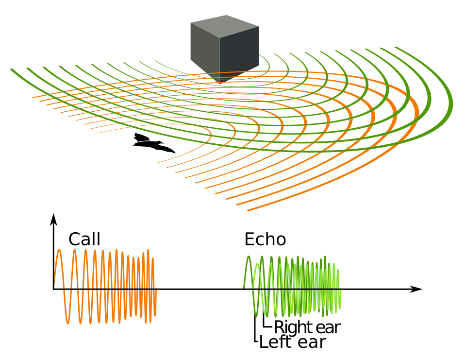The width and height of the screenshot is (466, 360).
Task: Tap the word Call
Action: point(84,239)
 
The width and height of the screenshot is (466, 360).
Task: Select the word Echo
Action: point(265,239)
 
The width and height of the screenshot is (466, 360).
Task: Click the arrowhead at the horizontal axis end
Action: point(416,289)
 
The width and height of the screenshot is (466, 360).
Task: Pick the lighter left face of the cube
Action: point(205,51)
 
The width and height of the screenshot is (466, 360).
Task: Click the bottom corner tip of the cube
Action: point(219,84)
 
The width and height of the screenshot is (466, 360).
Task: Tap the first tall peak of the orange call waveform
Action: point(59,250)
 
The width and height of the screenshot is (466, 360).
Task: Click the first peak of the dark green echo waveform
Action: point(249,257)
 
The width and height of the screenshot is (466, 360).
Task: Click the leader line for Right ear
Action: point(264,323)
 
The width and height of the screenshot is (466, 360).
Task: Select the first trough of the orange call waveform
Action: point(68,323)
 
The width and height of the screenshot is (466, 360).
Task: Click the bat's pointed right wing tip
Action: point(175,153)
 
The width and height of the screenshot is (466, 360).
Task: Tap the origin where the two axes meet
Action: point(53,289)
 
